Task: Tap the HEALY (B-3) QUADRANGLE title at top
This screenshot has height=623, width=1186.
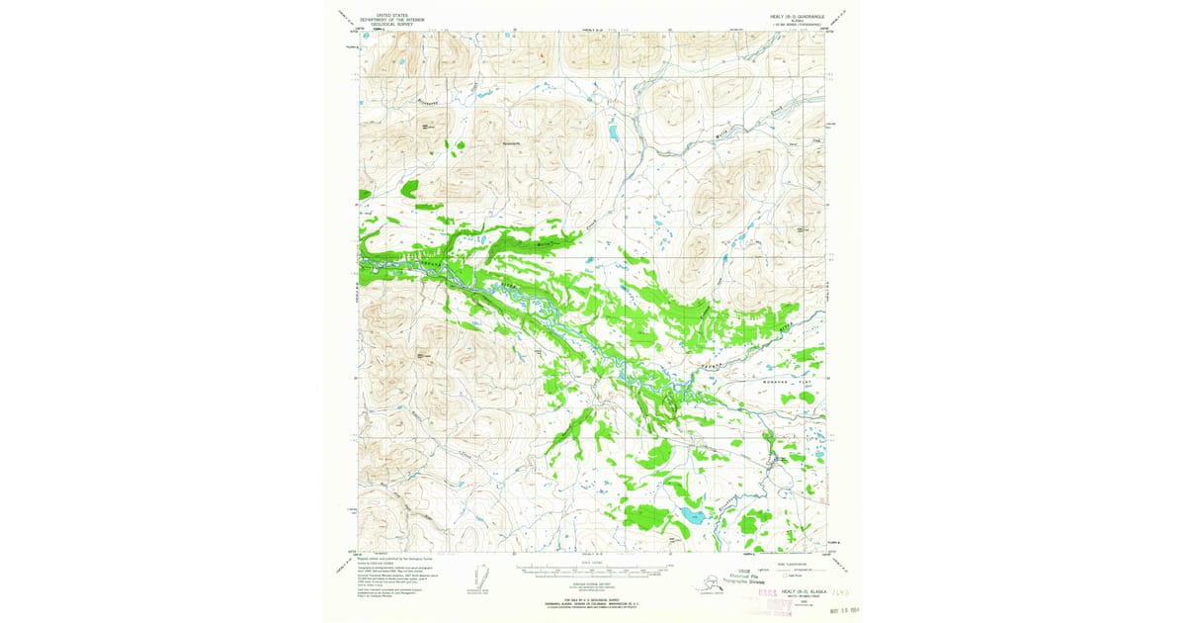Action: coord(795,17)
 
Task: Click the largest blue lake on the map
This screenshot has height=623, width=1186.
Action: coord(691,515)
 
